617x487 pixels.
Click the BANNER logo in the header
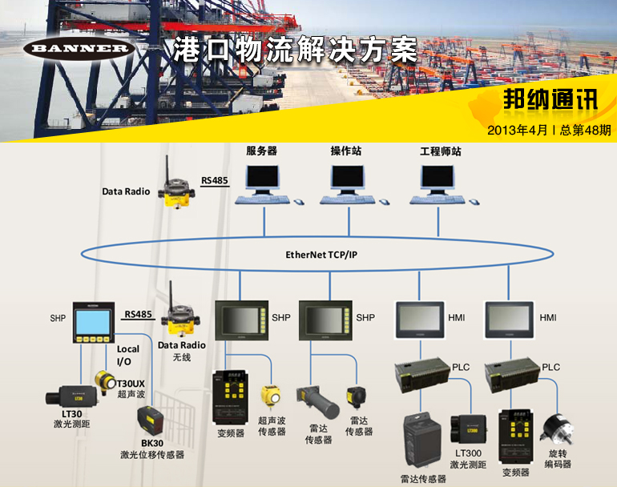[77, 49]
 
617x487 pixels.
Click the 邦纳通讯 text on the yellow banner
[550, 99]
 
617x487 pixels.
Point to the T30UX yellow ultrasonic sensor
[104, 380]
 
